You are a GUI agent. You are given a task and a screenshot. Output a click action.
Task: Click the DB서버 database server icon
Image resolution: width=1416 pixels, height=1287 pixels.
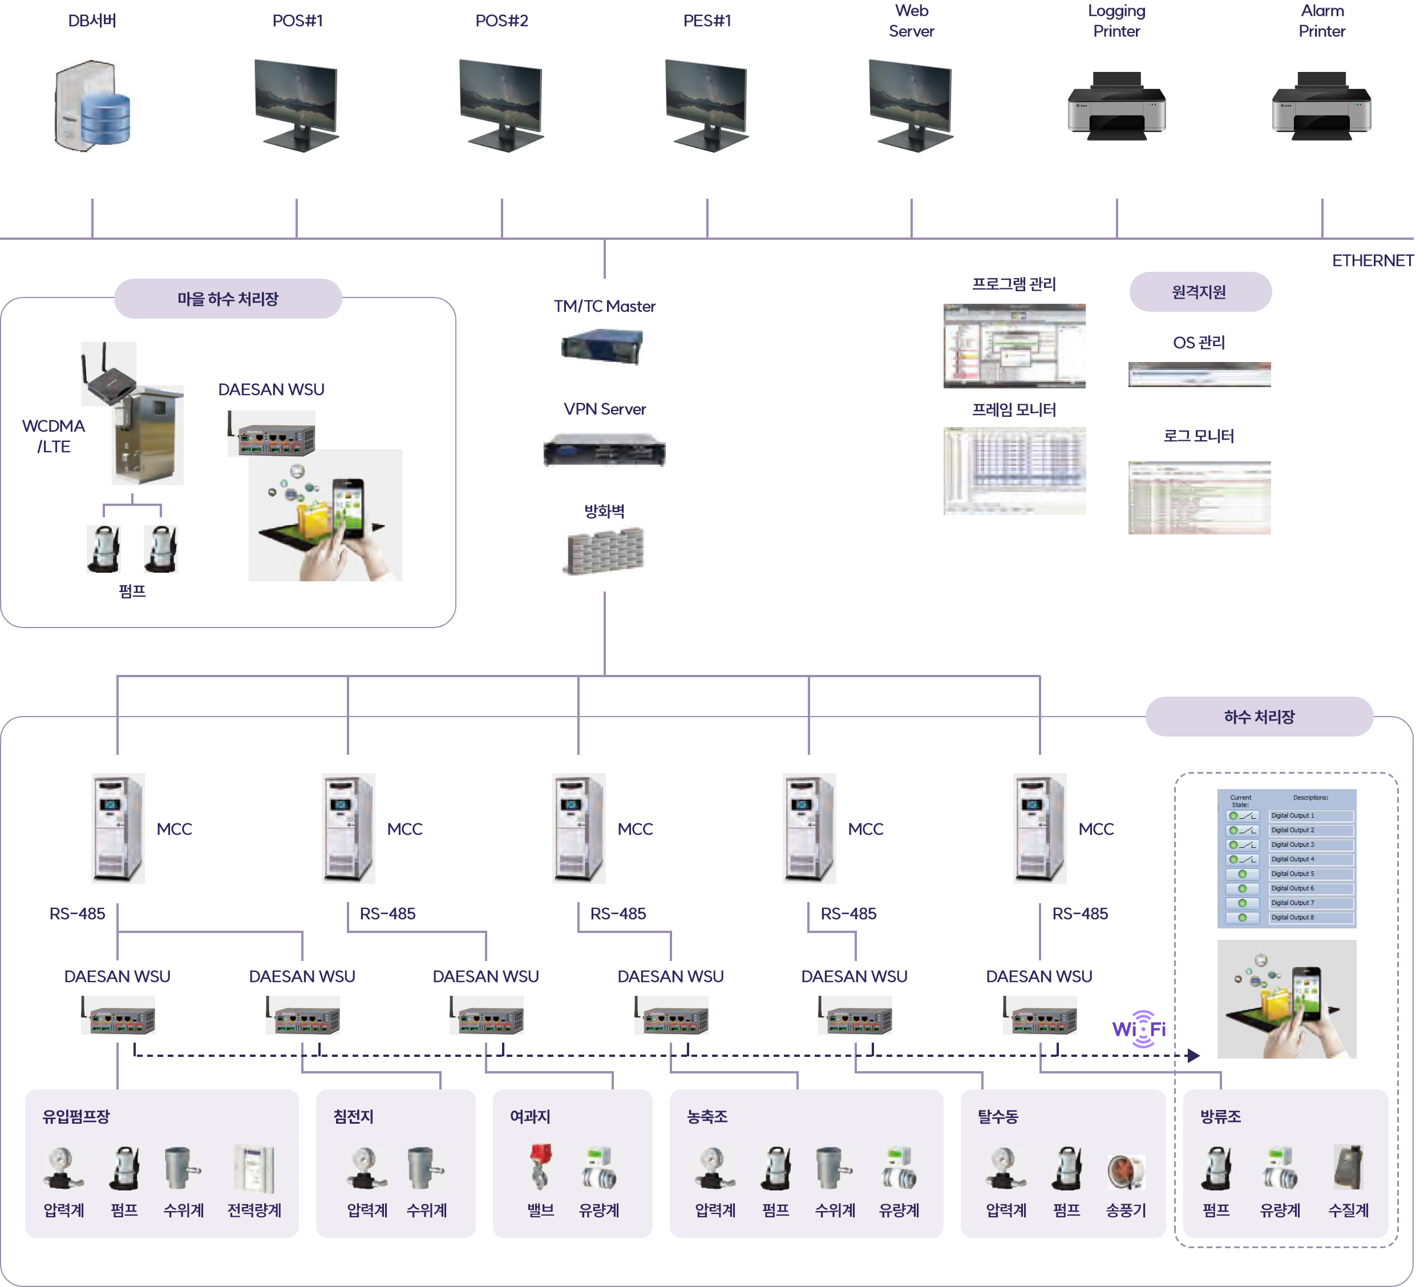coord(92,106)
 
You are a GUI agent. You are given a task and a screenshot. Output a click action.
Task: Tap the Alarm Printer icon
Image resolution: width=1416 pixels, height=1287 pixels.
coord(1321,106)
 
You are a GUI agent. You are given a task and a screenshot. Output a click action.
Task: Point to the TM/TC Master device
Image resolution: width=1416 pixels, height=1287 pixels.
coord(602,347)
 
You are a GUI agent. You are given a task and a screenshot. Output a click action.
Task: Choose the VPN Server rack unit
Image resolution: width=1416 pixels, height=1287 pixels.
coord(604,450)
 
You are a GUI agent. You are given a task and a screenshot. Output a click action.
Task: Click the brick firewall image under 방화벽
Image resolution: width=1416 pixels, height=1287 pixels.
coord(605,552)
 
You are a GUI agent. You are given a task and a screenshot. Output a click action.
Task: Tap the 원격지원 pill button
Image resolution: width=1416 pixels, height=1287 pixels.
coord(1200,292)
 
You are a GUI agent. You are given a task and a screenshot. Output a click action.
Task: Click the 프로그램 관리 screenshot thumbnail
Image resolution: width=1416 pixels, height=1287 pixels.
coord(1014,346)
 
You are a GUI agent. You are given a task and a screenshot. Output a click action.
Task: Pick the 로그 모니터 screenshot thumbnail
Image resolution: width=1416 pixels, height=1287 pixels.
coord(1199,498)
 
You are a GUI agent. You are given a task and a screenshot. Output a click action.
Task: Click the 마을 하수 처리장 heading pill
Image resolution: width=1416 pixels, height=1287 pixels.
coord(228,299)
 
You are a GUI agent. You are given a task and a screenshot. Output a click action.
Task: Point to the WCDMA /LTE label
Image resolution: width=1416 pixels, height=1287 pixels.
coord(54,436)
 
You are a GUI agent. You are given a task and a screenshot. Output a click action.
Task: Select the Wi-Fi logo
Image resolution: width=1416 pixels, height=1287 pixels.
coord(1139,1029)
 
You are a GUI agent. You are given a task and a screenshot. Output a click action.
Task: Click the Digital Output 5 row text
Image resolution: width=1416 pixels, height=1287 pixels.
coord(1292,874)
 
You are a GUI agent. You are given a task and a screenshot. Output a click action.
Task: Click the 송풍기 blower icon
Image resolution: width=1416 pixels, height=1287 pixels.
coord(1126,1171)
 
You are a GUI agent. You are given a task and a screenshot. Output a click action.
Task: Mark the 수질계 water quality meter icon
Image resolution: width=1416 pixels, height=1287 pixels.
coord(1349,1166)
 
